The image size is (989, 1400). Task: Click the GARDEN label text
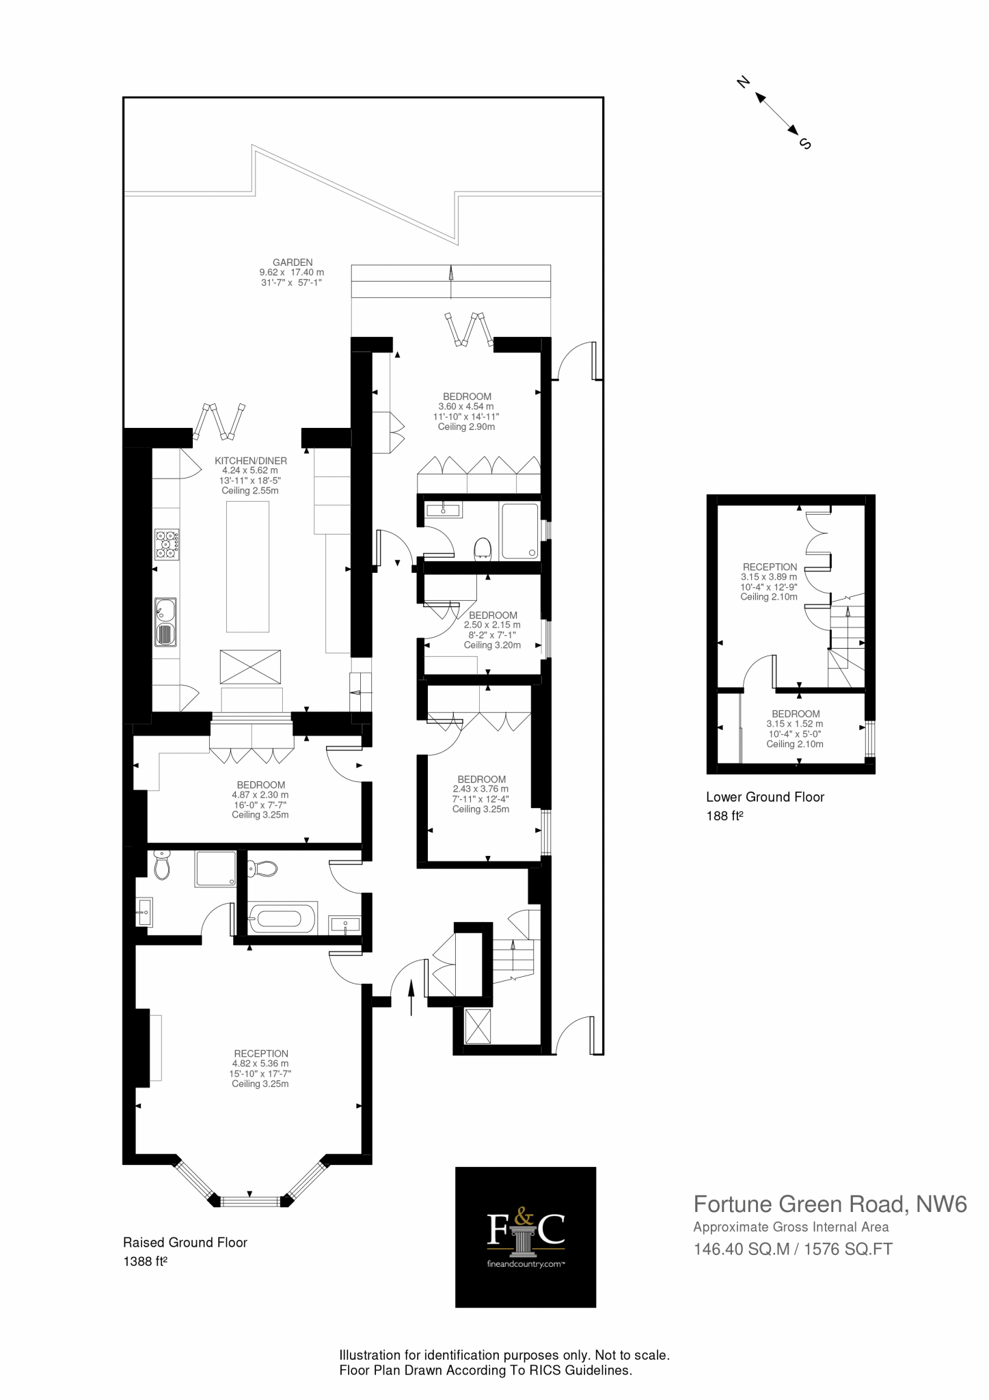[x=293, y=262]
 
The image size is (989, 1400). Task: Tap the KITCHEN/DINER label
[x=250, y=461]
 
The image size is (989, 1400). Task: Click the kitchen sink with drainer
[x=165, y=621]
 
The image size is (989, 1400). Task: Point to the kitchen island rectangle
[x=247, y=566]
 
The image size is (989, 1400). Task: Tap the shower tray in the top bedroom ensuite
[x=519, y=530]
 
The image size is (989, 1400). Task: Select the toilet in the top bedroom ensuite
[x=483, y=548]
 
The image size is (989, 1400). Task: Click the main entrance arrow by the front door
[x=411, y=997]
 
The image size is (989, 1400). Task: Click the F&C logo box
[x=526, y=1237]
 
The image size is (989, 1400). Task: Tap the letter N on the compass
[x=743, y=82]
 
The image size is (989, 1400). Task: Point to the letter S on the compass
[x=804, y=144]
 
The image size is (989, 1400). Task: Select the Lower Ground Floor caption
[x=765, y=797]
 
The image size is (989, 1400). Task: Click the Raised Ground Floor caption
[x=185, y=1243]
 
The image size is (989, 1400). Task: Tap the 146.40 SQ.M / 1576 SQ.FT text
[x=793, y=1249]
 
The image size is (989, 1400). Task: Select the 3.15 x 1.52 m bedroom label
[x=795, y=723]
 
